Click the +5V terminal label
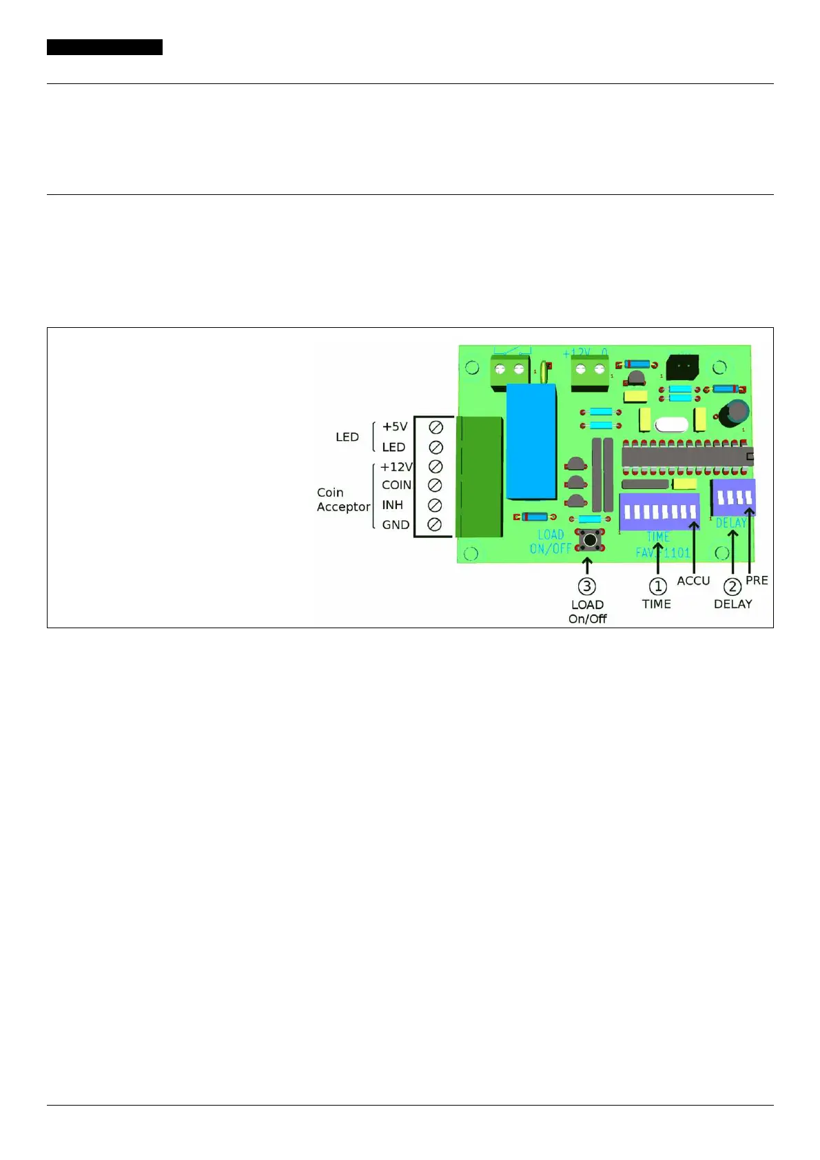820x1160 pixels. pyautogui.click(x=395, y=426)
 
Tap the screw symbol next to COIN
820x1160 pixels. pyautogui.click(x=435, y=485)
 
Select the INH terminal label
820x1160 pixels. pyautogui.click(x=392, y=505)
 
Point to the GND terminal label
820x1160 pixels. pyautogui.click(x=396, y=525)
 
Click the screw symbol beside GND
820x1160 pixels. pyautogui.click(x=435, y=525)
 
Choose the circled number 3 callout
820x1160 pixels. pyautogui.click(x=586, y=586)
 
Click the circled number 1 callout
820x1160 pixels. pyautogui.click(x=658, y=586)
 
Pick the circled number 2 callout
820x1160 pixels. pyautogui.click(x=732, y=586)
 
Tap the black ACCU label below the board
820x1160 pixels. pyautogui.click(x=693, y=581)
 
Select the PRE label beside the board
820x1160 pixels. pyautogui.click(x=757, y=580)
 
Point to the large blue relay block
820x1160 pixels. pyautogui.click(x=531, y=441)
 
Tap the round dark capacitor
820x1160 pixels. pyautogui.click(x=735, y=413)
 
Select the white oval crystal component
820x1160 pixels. pyautogui.click(x=671, y=425)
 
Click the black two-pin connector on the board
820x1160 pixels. pyautogui.click(x=682, y=366)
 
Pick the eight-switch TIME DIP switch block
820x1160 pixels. pyautogui.click(x=659, y=511)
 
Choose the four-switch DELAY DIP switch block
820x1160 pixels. pyautogui.click(x=733, y=497)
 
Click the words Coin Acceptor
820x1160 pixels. pyautogui.click(x=343, y=499)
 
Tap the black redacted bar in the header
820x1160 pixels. pyautogui.click(x=105, y=47)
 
